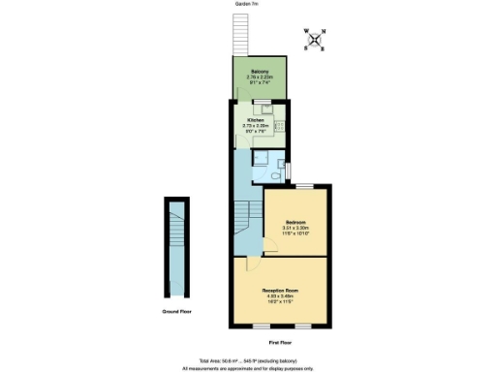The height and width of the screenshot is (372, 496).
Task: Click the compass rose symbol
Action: click(315, 40)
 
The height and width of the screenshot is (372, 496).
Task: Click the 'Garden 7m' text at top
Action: click(247, 4)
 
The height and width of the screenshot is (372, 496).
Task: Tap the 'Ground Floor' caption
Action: click(175, 312)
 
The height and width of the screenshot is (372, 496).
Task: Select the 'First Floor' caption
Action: click(281, 342)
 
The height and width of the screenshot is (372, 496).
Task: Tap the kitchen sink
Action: click(260, 109)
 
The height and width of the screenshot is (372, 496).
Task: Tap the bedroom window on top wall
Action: click(303, 185)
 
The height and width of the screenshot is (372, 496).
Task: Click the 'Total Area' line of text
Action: click(247, 358)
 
